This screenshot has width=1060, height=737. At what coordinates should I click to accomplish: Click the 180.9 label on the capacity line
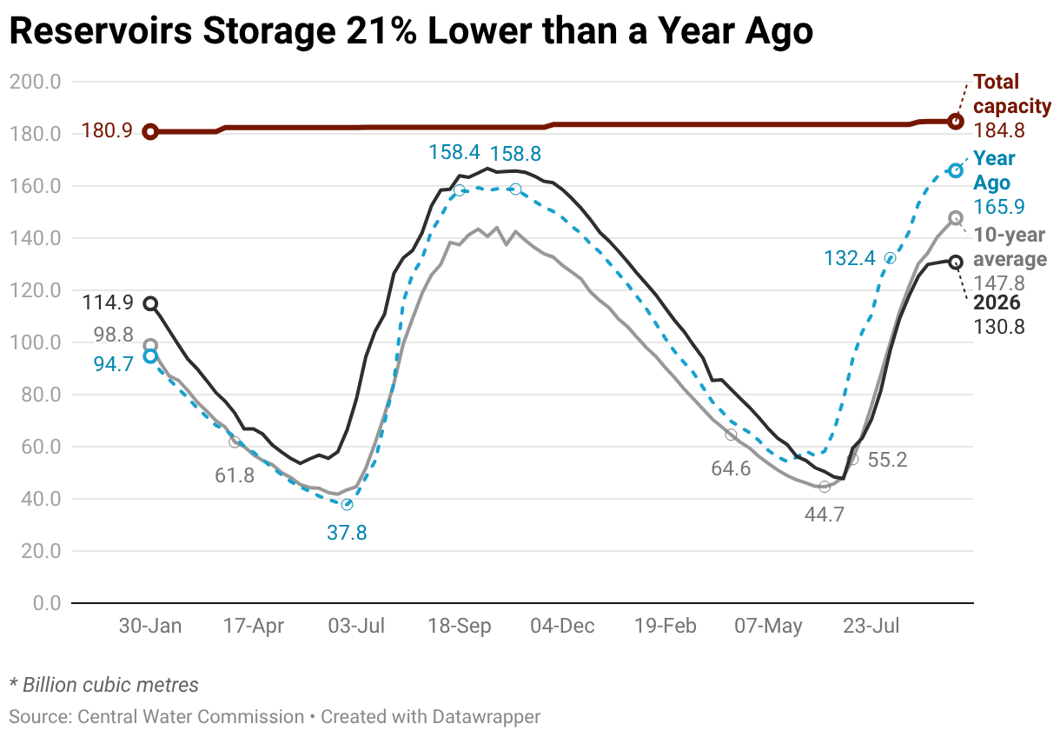pyautogui.click(x=107, y=130)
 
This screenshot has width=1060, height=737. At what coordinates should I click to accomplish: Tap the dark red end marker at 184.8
pyautogui.click(x=956, y=122)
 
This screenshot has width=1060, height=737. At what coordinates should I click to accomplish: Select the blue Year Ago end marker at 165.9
pyautogui.click(x=956, y=170)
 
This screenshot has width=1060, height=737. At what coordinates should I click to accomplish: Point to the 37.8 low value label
pyautogui.click(x=347, y=533)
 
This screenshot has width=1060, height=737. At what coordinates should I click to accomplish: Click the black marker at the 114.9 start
pyautogui.click(x=150, y=303)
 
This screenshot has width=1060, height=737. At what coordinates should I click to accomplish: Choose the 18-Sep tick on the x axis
pyautogui.click(x=460, y=626)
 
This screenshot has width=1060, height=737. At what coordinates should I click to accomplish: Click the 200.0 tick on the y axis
pyautogui.click(x=36, y=82)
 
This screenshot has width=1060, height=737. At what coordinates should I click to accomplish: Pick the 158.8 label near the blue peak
pyautogui.click(x=515, y=154)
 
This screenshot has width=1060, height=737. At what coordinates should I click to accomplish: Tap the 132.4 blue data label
pyautogui.click(x=850, y=258)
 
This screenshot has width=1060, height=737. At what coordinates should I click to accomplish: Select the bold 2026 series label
pyautogui.click(x=997, y=302)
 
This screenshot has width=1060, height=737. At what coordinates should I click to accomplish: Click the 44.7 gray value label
pyautogui.click(x=825, y=514)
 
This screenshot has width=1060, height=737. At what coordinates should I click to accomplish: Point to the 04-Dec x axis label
pyautogui.click(x=562, y=626)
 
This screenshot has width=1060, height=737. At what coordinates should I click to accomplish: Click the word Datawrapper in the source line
pyautogui.click(x=487, y=716)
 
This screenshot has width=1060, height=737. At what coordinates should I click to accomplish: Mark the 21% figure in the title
pyautogui.click(x=381, y=31)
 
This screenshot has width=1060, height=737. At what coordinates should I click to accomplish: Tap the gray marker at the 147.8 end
pyautogui.click(x=956, y=218)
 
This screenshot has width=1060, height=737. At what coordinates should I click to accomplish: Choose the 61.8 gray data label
pyautogui.click(x=235, y=475)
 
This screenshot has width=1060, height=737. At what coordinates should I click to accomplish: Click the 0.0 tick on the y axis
pyautogui.click(x=47, y=603)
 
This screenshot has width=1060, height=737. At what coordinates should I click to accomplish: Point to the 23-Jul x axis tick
pyautogui.click(x=871, y=626)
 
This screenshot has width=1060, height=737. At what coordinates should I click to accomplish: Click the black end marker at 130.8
pyautogui.click(x=956, y=262)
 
